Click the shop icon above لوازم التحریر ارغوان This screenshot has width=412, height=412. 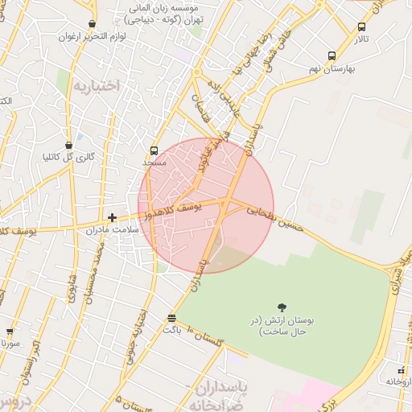[92, 24]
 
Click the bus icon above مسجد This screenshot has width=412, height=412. [154, 150]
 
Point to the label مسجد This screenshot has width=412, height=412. [154, 163]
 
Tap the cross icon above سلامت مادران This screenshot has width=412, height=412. [112, 217]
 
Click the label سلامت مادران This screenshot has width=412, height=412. [112, 230]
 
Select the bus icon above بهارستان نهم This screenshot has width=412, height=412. [332, 56]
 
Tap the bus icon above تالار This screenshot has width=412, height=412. [361, 27]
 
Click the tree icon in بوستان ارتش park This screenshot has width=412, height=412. [282, 307]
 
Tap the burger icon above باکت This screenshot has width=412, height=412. [171, 318]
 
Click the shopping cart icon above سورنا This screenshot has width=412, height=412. [10, 331]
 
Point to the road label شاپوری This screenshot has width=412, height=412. [71, 286]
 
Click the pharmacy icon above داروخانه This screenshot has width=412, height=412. [400, 370]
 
